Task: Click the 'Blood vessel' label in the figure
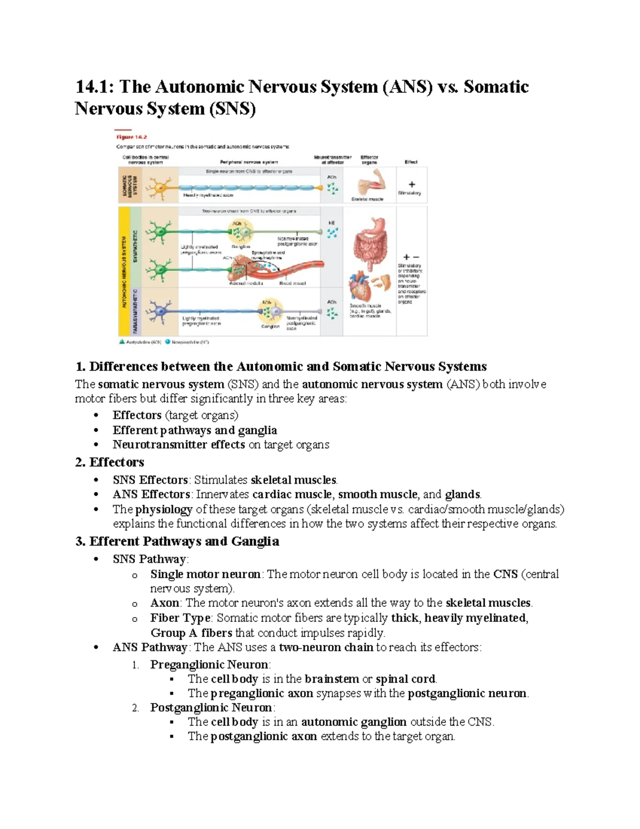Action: [x=292, y=283]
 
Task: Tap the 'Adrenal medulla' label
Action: [x=246, y=283]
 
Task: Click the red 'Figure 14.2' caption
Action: [x=131, y=137]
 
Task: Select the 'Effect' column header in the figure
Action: [x=411, y=162]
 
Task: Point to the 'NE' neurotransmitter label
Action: [x=332, y=223]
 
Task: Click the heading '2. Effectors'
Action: [x=110, y=462]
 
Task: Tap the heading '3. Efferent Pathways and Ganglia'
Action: [x=177, y=542]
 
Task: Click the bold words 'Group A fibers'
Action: [x=191, y=633]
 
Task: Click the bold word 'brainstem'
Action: [x=332, y=679]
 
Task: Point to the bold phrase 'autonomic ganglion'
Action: [x=354, y=722]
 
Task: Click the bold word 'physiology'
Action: [x=164, y=509]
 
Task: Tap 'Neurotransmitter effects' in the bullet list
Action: [x=179, y=445]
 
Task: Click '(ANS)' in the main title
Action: [x=407, y=87]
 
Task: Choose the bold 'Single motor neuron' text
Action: [x=205, y=574]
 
